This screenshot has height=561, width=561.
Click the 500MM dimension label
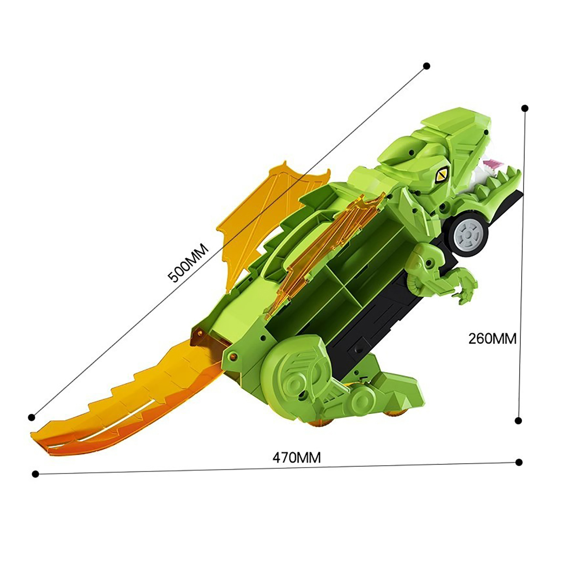pos(188,263)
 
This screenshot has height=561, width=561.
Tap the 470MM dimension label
pos(297,458)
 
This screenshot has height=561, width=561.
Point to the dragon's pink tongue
pos(492,163)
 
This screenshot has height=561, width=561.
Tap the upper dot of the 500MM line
pos(427,66)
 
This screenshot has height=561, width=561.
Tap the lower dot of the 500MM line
pos(32,417)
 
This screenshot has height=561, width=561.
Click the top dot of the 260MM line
pos(525,108)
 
